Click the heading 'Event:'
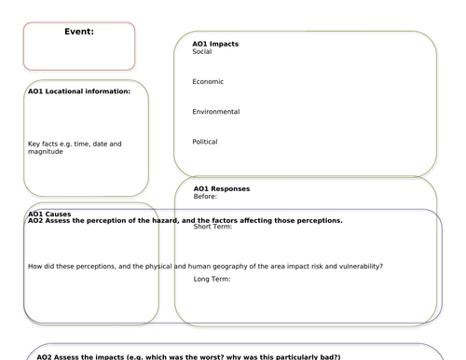coord(79,32)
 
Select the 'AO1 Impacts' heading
coord(215,44)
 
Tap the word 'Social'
coord(202,51)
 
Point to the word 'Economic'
coord(208,81)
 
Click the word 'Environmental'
coord(215,112)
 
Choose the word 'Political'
coord(205,142)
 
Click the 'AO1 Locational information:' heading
coord(86,91)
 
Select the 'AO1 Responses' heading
coord(221,188)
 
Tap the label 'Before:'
coord(205,196)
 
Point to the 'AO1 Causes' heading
coord(49,214)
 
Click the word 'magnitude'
coord(46,151)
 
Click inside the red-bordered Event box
coord(79,51)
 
